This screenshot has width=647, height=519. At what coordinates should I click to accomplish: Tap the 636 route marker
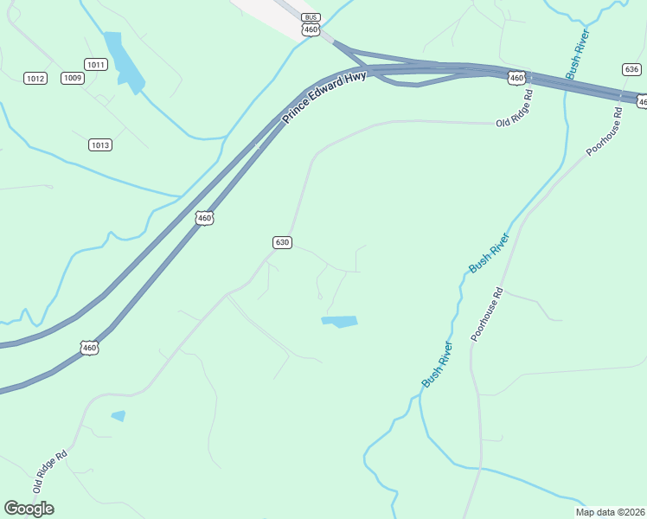click(x=631, y=69)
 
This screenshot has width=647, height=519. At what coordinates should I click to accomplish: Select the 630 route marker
click(x=282, y=242)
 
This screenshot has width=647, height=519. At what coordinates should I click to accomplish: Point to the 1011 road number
click(x=95, y=64)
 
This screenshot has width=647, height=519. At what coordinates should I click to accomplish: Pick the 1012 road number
click(x=35, y=79)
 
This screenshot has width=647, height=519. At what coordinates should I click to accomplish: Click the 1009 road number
click(x=73, y=79)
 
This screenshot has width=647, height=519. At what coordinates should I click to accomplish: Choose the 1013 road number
click(x=100, y=144)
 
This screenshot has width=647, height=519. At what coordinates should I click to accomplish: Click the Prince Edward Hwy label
click(x=324, y=97)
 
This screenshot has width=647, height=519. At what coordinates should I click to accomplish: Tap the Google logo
click(x=29, y=509)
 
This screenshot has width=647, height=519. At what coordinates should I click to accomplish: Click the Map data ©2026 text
click(x=611, y=511)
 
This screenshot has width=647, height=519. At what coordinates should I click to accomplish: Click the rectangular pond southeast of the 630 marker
click(x=340, y=322)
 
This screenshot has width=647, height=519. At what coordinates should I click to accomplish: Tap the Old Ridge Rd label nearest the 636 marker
click(x=515, y=108)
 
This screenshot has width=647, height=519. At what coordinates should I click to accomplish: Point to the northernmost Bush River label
click(x=578, y=54)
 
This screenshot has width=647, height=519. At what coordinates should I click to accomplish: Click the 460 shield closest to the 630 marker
click(x=204, y=219)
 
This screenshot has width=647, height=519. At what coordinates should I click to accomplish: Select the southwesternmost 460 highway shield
click(x=90, y=348)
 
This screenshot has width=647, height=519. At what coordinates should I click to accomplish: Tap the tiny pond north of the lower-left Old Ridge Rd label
click(x=119, y=416)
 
